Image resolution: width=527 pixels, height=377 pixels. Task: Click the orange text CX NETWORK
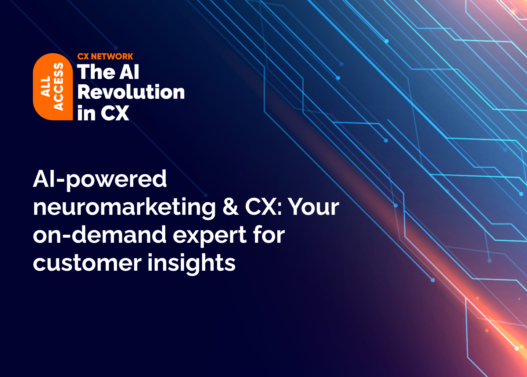coord(105,57)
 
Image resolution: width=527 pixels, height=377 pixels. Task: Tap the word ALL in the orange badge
coord(46,87)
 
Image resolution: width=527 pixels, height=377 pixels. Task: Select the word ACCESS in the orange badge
coord(58,87)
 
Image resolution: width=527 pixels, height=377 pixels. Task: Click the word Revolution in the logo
coord(131,92)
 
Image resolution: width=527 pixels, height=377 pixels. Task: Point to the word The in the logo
coord(95,72)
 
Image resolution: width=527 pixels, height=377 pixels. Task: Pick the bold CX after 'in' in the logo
coord(115,113)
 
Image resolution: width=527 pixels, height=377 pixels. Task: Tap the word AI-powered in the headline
coord(100,179)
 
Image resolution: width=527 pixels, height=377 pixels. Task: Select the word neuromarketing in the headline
coord(124,207)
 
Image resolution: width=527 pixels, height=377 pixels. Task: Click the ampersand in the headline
coord(230,207)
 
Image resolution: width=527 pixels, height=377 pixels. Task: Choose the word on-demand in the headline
coord(100,235)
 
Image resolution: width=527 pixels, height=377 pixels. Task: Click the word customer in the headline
coord(87,263)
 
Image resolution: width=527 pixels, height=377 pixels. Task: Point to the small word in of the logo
coord(86,113)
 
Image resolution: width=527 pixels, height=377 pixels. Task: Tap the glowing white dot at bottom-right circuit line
coord(517,348)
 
